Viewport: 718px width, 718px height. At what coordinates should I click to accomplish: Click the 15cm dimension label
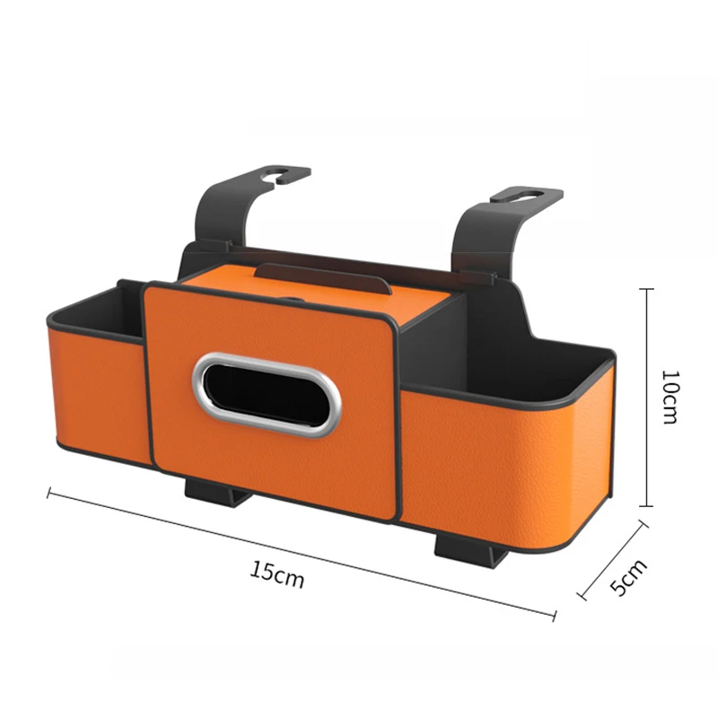(277, 574)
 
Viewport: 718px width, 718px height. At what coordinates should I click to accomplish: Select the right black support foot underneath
(460, 544)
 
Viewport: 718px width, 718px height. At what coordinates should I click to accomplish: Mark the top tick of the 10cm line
(646, 290)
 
